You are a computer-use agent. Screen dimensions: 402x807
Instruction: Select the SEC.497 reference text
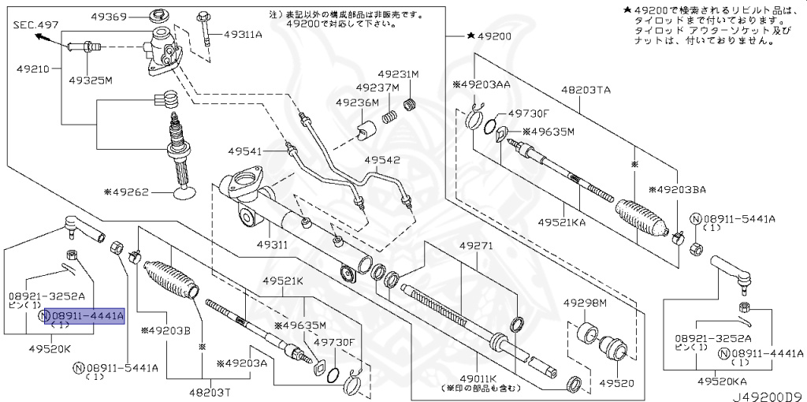(36, 25)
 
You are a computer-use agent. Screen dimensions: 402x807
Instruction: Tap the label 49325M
(90, 80)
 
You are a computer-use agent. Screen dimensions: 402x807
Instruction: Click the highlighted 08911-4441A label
(81, 317)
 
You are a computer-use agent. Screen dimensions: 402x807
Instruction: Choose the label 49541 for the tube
(247, 150)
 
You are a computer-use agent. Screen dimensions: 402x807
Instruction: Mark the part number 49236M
(358, 102)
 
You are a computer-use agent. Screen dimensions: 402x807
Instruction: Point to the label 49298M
(585, 303)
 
